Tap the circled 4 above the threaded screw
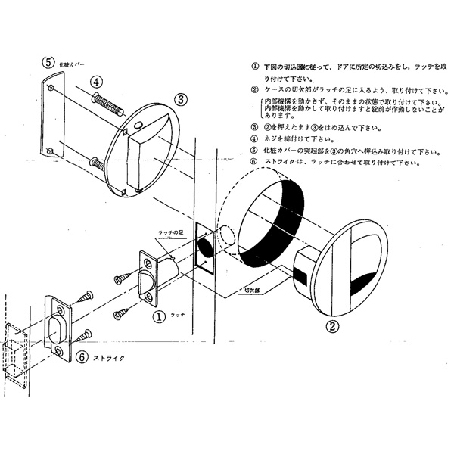[x=98, y=82]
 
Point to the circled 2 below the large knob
[x=331, y=327]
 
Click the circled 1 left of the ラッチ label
[x=159, y=313]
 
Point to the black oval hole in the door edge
[x=206, y=247]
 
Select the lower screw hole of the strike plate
[x=60, y=350]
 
